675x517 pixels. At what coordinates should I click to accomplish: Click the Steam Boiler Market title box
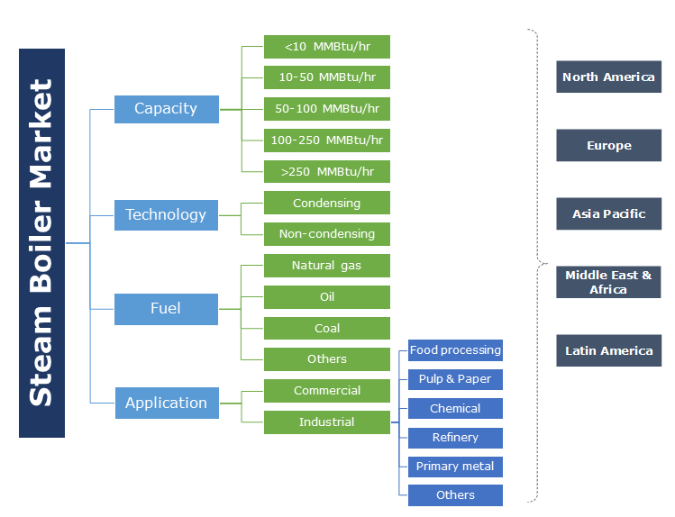tap(41, 243)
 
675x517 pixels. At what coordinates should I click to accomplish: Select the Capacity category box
tap(166, 109)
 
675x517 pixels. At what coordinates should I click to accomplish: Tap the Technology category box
tap(166, 214)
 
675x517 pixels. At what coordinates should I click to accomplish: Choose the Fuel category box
tap(166, 309)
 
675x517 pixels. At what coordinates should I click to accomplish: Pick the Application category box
tap(166, 404)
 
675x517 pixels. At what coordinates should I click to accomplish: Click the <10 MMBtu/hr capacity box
tap(326, 47)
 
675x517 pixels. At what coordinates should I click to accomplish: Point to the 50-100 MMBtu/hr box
tap(326, 109)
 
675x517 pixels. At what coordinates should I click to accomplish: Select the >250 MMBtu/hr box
tap(326, 171)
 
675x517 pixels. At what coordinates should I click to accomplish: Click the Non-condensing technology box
tap(326, 234)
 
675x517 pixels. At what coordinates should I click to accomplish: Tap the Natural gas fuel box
tap(326, 266)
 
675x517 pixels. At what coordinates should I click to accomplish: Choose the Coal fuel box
tap(326, 329)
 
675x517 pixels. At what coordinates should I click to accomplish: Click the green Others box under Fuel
tap(326, 359)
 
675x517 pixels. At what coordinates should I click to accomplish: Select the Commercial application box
tap(326, 391)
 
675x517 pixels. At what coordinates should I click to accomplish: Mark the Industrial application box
tap(326, 422)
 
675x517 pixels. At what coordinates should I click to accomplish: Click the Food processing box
tap(455, 350)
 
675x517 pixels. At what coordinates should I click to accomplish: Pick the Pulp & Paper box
tap(455, 379)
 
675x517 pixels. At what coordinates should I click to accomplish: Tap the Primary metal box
tap(455, 467)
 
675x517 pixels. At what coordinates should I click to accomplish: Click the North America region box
tap(608, 77)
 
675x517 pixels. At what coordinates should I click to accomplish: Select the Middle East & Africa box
tap(608, 283)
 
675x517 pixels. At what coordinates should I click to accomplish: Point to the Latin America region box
tap(608, 351)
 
